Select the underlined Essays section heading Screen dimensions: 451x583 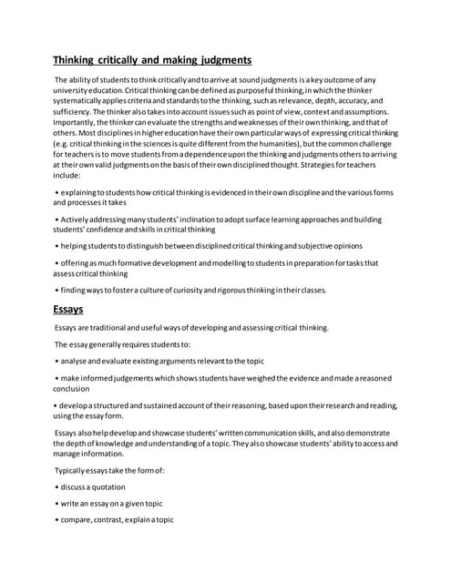(x=68, y=309)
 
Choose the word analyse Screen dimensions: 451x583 (x=76, y=360)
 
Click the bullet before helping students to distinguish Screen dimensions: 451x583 (x=56, y=246)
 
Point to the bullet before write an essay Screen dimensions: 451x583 (x=56, y=503)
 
